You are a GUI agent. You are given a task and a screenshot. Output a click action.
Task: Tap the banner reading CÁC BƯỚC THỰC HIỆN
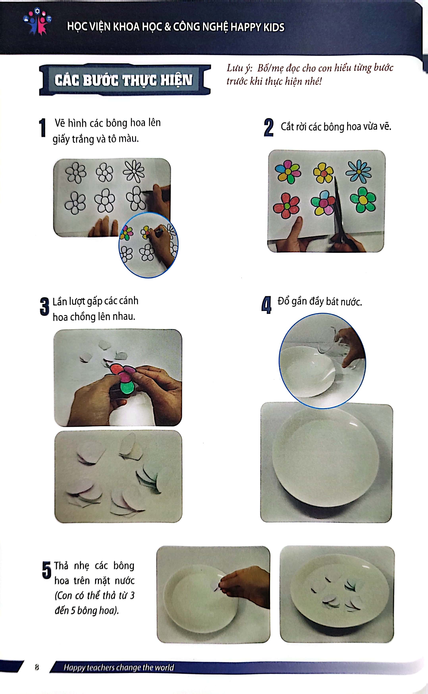click(x=124, y=80)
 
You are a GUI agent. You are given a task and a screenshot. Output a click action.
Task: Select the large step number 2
click(x=268, y=128)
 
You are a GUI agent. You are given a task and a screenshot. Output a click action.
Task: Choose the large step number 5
click(x=47, y=570)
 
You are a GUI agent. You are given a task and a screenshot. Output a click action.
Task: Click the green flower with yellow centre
click(x=363, y=200)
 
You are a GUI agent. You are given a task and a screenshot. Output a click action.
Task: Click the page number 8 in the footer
click(x=37, y=667)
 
